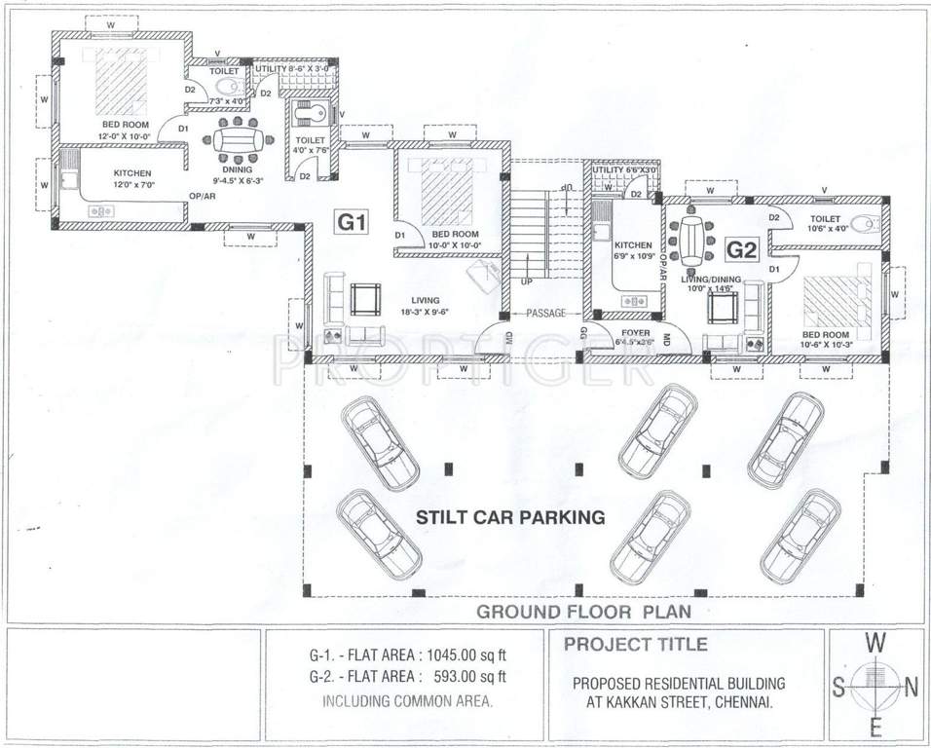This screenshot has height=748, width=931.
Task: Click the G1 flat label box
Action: (x=352, y=222)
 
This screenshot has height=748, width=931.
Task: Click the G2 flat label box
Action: (x=742, y=250)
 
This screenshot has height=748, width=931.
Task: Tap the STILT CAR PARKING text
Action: (x=510, y=517)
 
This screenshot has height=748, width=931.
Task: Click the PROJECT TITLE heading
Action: (x=636, y=644)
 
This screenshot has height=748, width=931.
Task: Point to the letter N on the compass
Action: (x=911, y=688)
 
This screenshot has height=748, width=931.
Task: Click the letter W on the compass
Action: (x=876, y=644)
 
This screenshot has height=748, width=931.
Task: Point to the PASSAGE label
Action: (x=548, y=314)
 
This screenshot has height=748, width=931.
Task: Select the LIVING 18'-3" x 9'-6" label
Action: (x=425, y=306)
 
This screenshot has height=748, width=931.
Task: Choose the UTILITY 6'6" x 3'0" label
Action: (x=625, y=169)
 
